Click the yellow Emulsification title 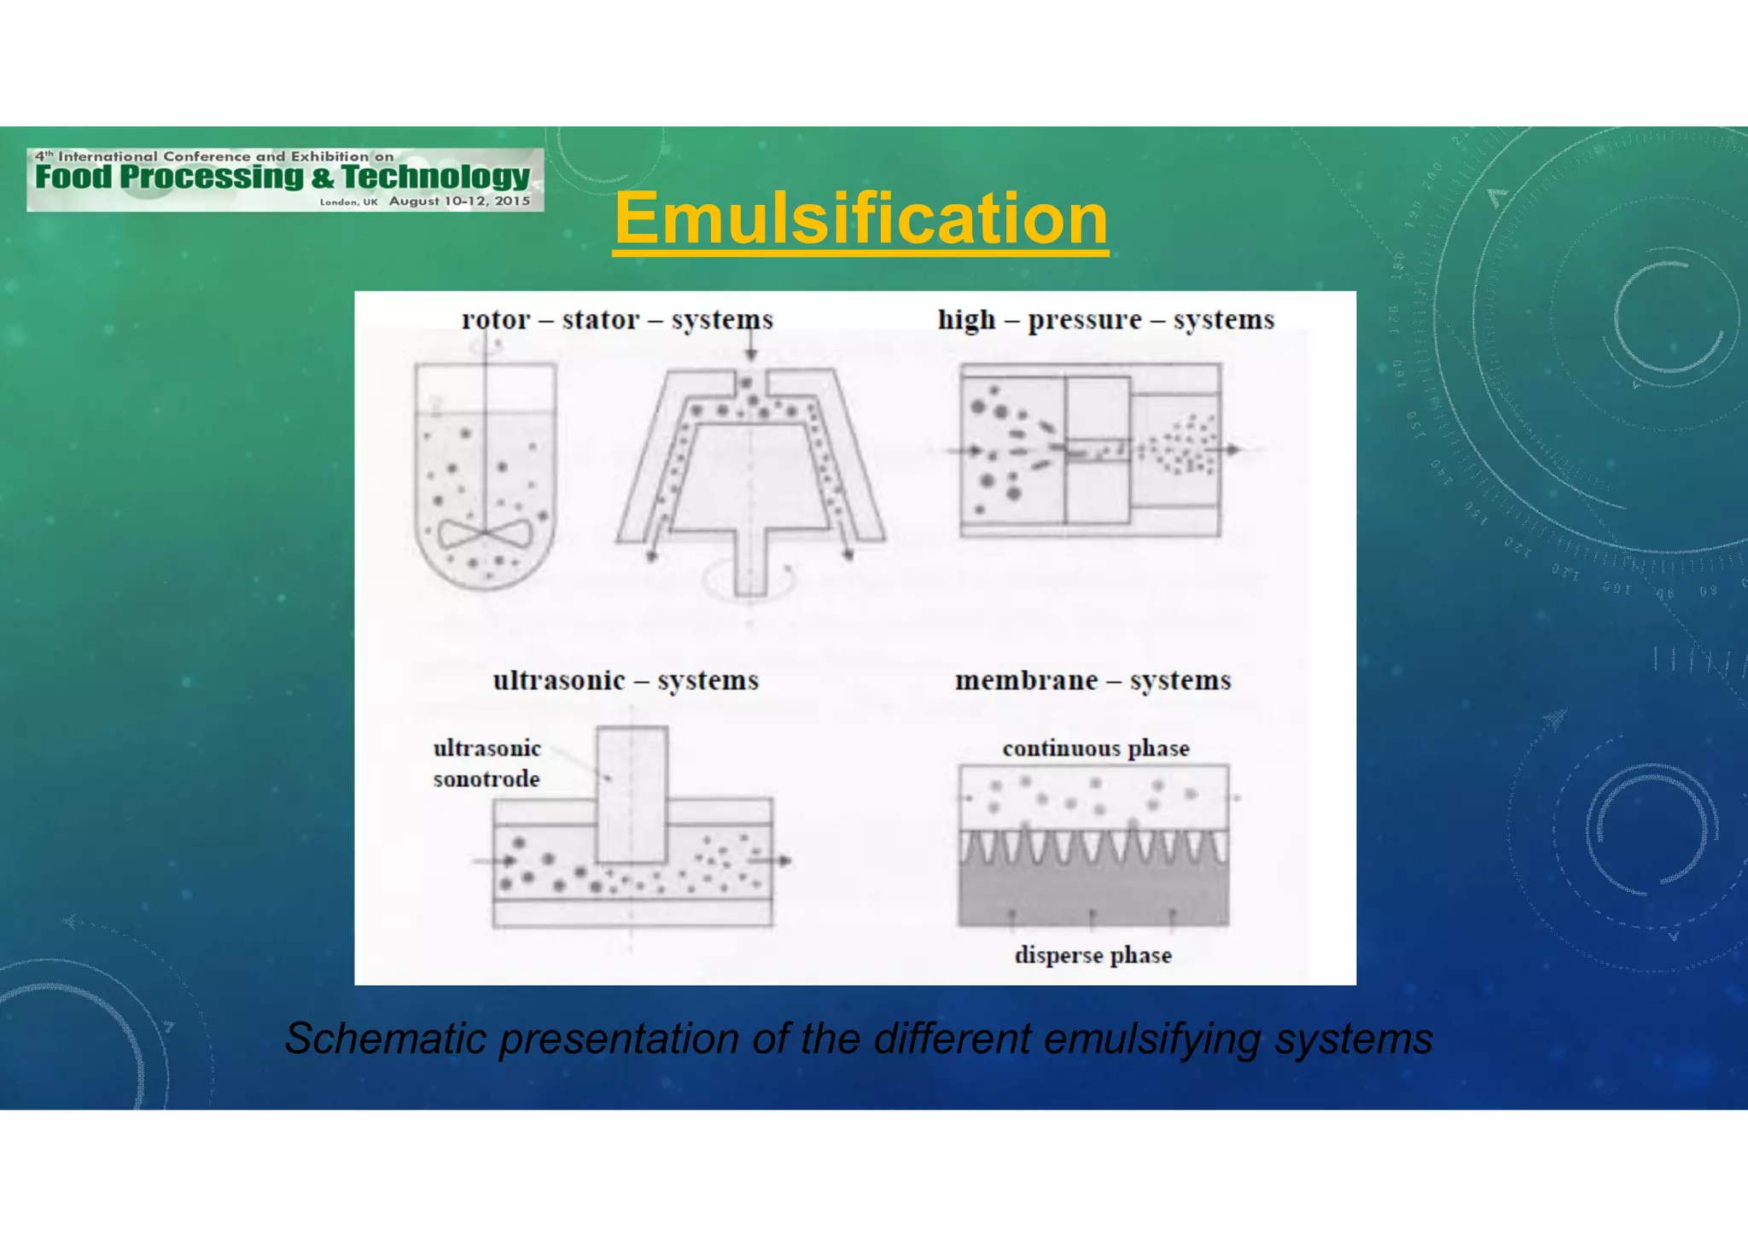pos(860,219)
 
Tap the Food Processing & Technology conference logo pos(284,179)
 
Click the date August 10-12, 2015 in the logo pos(459,201)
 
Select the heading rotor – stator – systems pos(617,319)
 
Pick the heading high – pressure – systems pos(1105,319)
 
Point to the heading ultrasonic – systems pos(626,680)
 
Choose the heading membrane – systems pos(1092,680)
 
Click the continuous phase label pos(1095,749)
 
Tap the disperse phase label pos(1092,954)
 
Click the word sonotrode pos(487,778)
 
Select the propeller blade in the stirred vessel pos(485,534)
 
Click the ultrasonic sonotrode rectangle pos(632,794)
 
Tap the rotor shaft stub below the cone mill pos(750,563)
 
